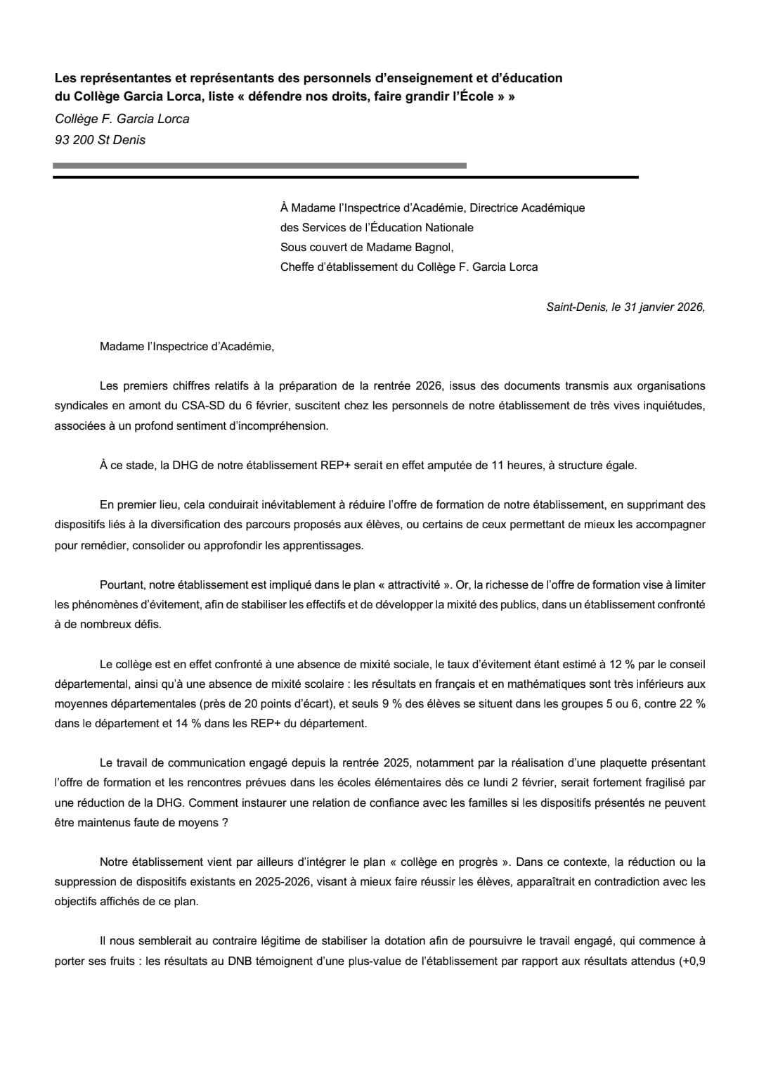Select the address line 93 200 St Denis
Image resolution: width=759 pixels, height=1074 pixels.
[x=100, y=140]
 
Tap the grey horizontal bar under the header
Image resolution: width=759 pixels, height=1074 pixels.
[x=259, y=166]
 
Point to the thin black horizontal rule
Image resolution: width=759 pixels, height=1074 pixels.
[x=345, y=177]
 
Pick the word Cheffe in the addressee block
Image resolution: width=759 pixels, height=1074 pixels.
[x=297, y=267]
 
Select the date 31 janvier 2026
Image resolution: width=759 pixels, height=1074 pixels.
[x=656, y=307]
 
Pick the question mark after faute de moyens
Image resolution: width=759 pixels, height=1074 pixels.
[x=225, y=822]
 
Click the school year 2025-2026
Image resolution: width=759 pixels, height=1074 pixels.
[x=253, y=881]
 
